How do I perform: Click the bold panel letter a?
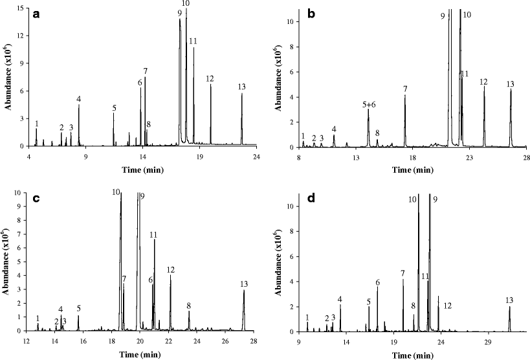(x=47, y=16)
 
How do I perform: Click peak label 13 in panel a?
(x=241, y=87)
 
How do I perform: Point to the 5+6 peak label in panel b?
(x=369, y=104)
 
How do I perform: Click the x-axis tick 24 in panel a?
(x=257, y=155)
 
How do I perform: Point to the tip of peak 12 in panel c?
(x=170, y=275)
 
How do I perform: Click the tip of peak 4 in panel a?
(x=79, y=106)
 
